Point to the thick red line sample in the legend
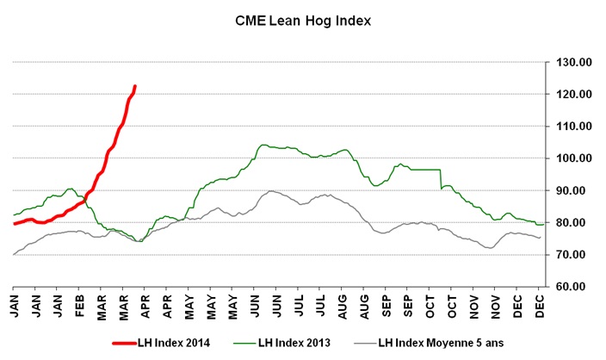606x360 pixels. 130,342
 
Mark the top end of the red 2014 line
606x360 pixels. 135,86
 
